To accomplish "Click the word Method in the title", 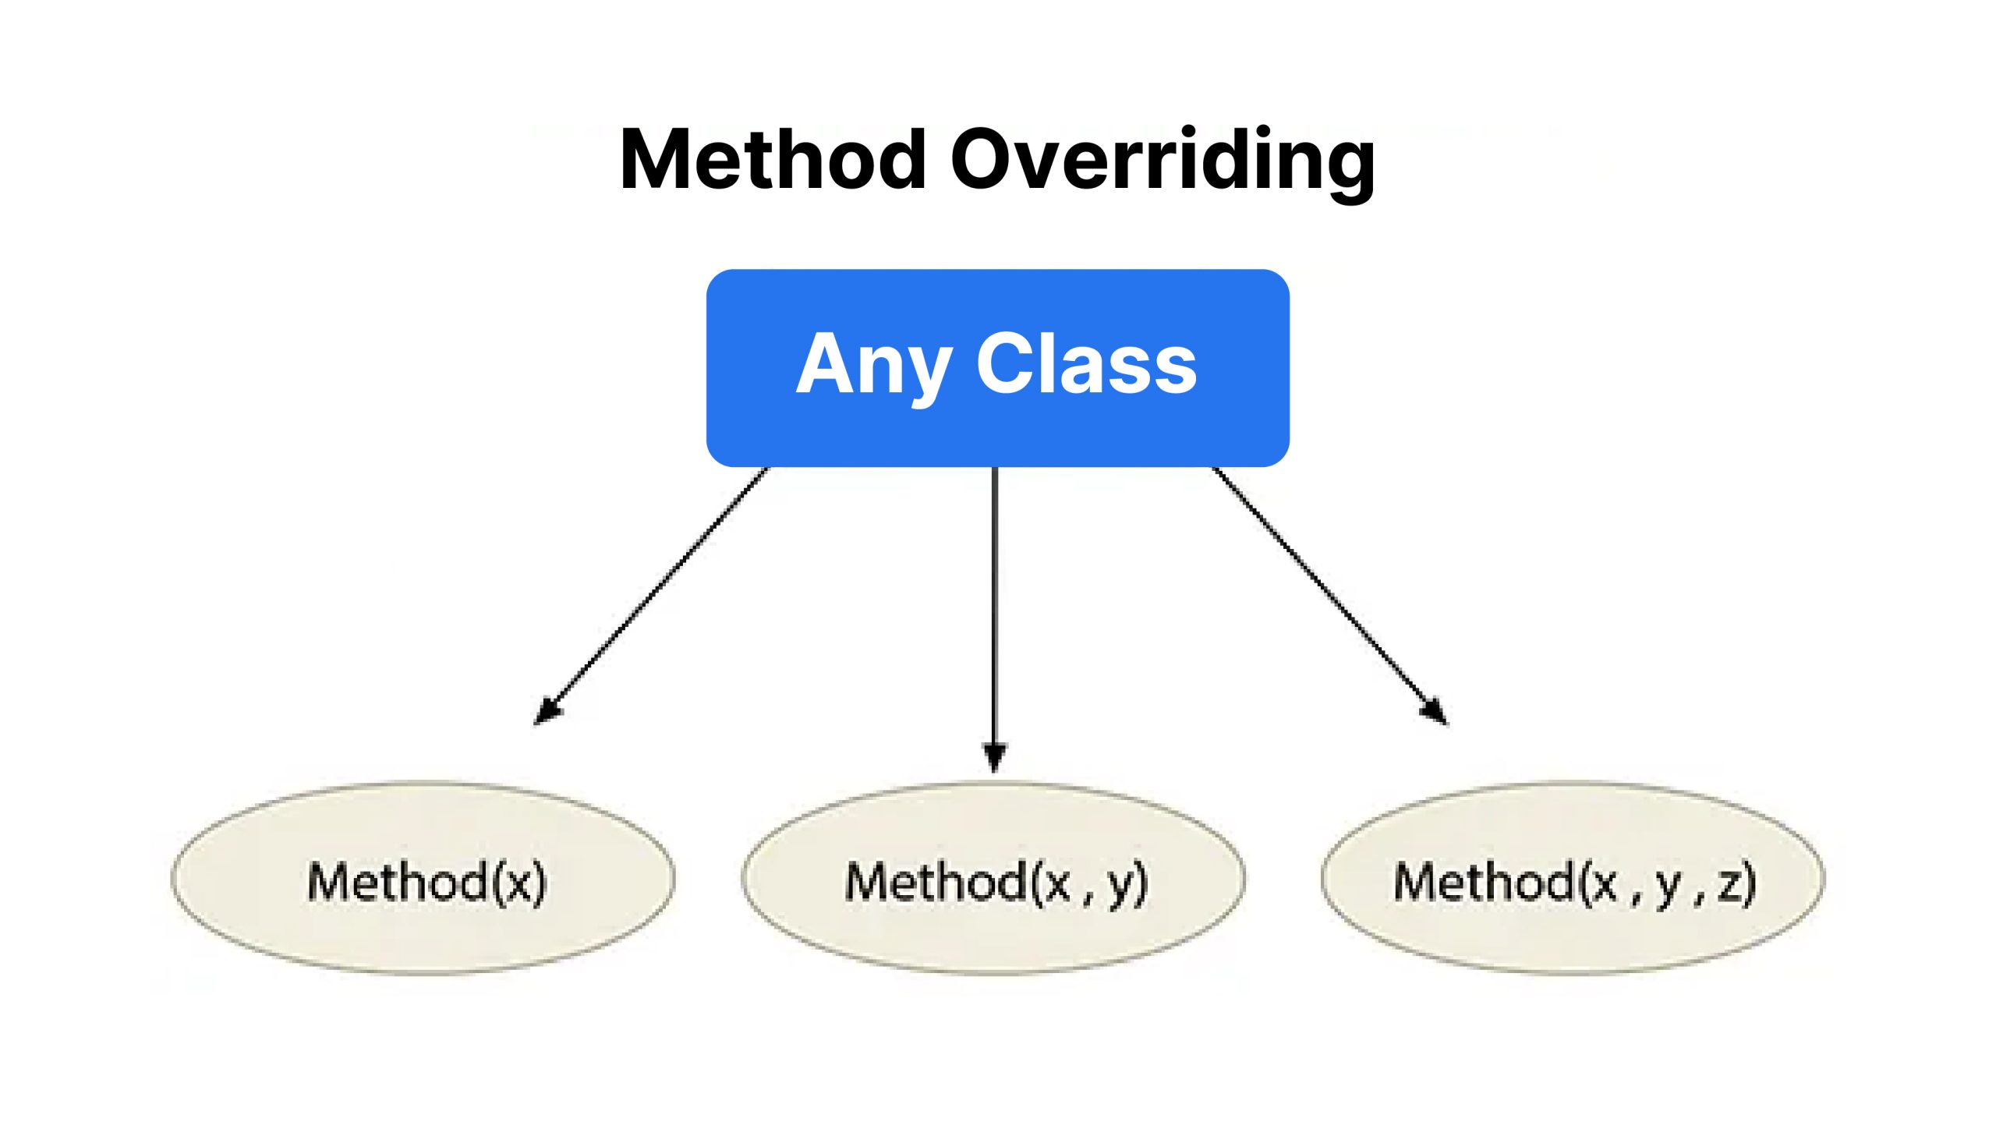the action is point(773,159).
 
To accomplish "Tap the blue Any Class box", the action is point(997,368).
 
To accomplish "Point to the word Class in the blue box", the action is point(1087,363).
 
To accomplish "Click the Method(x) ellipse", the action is point(423,879).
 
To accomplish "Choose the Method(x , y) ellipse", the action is point(993,879).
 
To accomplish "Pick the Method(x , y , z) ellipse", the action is point(1573,879).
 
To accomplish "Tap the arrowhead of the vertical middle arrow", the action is point(994,757).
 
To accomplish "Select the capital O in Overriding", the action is point(983,159).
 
